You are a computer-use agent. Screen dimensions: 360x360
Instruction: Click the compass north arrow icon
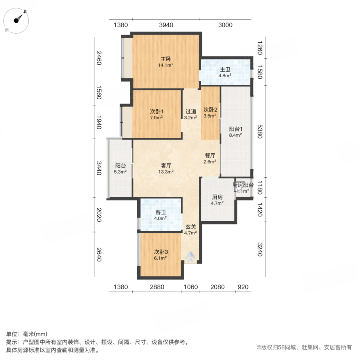click(x=17, y=20)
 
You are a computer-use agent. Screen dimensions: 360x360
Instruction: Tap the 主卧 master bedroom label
click(x=165, y=62)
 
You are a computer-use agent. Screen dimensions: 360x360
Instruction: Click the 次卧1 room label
click(x=156, y=114)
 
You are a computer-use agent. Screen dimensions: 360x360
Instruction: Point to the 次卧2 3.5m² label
click(x=210, y=112)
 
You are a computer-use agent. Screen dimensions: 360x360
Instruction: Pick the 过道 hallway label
click(x=190, y=114)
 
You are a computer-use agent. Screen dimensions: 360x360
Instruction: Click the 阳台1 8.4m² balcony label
click(x=236, y=132)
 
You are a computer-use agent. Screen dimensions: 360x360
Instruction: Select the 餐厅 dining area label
click(x=210, y=158)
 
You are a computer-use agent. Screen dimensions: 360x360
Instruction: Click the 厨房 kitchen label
click(x=217, y=200)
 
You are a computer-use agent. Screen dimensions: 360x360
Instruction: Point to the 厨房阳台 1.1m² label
click(x=243, y=188)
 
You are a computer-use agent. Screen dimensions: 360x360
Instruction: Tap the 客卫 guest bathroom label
click(x=161, y=215)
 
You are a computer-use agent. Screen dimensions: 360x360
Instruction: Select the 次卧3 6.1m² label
click(x=161, y=255)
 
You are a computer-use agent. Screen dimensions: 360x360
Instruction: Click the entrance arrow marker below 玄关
click(x=191, y=257)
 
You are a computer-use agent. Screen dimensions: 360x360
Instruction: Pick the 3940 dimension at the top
click(x=166, y=25)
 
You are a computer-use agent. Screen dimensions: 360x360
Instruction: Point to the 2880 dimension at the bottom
click(x=157, y=287)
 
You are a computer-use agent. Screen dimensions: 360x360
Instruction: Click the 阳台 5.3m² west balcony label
click(x=120, y=168)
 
